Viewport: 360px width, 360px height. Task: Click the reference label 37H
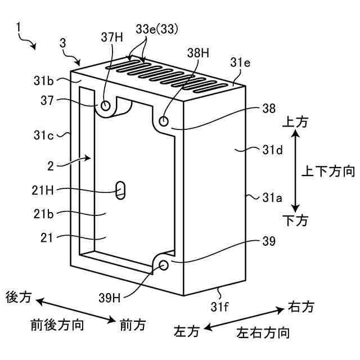tap(111, 37)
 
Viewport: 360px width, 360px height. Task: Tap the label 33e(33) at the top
tap(155, 29)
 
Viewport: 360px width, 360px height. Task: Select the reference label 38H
tap(198, 53)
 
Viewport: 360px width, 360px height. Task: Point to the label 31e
tap(240, 63)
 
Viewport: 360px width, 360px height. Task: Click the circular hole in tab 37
tap(106, 105)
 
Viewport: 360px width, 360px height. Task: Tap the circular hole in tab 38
tap(164, 121)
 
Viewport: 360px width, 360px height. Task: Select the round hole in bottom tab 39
tap(164, 265)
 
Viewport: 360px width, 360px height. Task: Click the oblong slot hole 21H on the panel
tap(120, 190)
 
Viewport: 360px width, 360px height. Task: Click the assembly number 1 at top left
tap(19, 26)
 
